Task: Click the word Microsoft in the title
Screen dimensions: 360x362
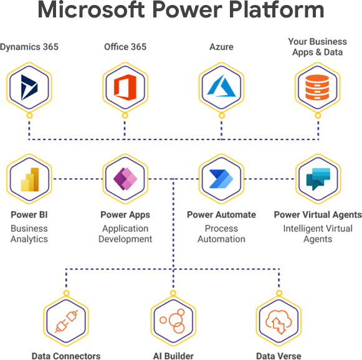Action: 94,11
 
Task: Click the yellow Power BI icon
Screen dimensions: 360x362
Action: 29,179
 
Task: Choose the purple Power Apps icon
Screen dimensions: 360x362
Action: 125,179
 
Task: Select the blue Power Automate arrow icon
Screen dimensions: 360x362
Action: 221,179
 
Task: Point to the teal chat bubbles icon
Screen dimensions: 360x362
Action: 317,179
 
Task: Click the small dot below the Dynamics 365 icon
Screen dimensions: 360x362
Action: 29,116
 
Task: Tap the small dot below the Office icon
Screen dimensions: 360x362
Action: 125,116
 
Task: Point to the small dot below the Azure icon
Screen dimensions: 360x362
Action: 221,116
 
